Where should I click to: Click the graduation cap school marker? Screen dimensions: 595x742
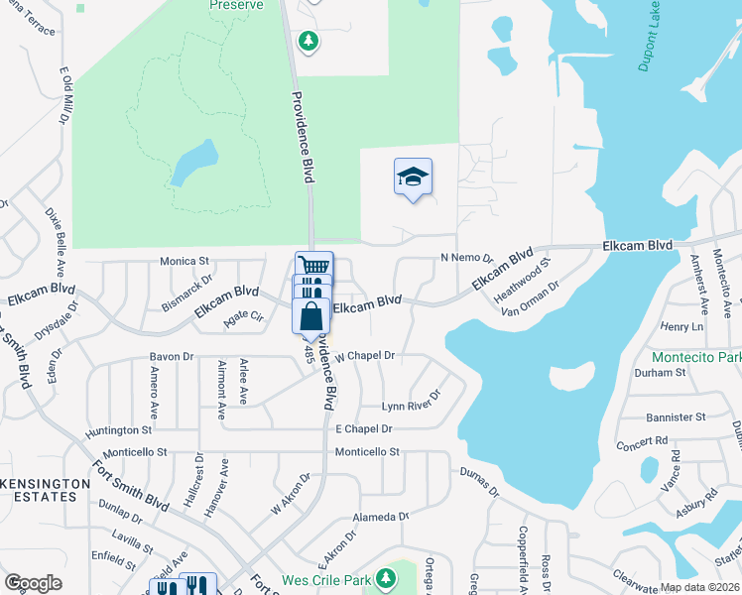[413, 178]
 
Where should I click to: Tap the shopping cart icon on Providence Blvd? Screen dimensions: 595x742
[314, 267]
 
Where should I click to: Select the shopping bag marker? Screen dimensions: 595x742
[310, 316]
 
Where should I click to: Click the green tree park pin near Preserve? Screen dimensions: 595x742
[309, 41]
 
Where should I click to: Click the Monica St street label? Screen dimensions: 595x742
[185, 262]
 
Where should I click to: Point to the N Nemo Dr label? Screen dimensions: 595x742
[466, 258]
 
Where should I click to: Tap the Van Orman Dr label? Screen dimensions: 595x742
[532, 297]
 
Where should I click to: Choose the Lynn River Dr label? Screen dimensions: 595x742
[411, 406]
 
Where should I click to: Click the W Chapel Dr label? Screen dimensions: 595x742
[365, 355]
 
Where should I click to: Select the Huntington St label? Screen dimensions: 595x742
[119, 430]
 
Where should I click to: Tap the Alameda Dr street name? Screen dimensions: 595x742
[381, 517]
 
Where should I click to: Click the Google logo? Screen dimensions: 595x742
[33, 582]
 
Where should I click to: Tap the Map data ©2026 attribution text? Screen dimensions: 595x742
[699, 587]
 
